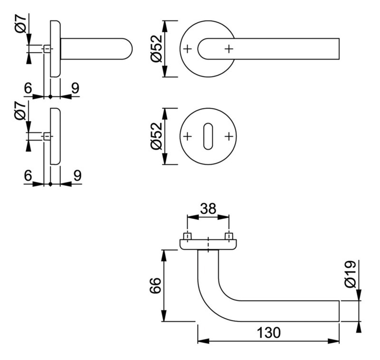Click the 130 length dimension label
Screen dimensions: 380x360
(x=269, y=332)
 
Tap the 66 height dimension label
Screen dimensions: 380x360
(x=155, y=285)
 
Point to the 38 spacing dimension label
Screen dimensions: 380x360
(x=208, y=208)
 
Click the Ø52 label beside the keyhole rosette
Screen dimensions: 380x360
(x=156, y=136)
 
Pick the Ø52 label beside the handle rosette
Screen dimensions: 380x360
(x=156, y=49)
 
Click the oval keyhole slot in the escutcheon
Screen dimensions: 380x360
(x=208, y=136)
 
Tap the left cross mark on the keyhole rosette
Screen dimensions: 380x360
(x=187, y=136)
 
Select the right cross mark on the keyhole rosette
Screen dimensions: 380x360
(x=229, y=136)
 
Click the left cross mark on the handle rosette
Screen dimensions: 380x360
(x=187, y=49)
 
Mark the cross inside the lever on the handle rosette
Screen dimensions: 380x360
(x=229, y=49)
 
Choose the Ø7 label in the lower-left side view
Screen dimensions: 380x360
(x=20, y=111)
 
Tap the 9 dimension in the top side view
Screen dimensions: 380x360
(x=76, y=88)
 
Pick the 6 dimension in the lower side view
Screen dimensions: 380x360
(x=28, y=175)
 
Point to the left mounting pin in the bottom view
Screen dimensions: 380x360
(x=187, y=237)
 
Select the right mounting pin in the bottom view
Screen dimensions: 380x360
(x=229, y=237)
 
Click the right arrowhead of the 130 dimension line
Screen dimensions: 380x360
(x=334, y=341)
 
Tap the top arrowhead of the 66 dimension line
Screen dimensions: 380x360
(x=164, y=256)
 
